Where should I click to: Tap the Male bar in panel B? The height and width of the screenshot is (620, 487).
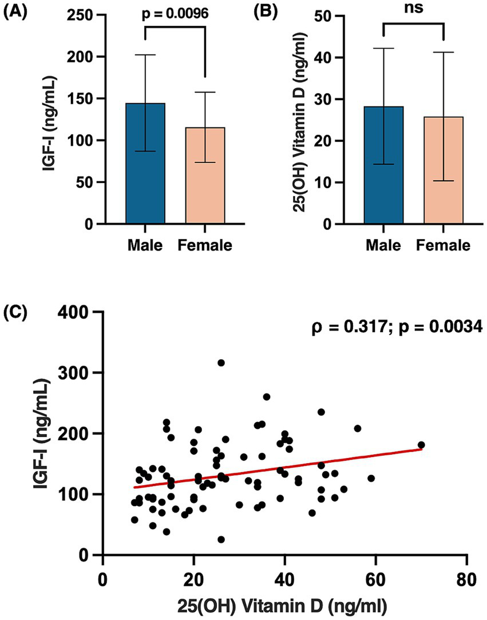(383, 165)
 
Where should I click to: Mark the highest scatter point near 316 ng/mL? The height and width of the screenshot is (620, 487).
(221, 363)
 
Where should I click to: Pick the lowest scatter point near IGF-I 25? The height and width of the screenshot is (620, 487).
(221, 539)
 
